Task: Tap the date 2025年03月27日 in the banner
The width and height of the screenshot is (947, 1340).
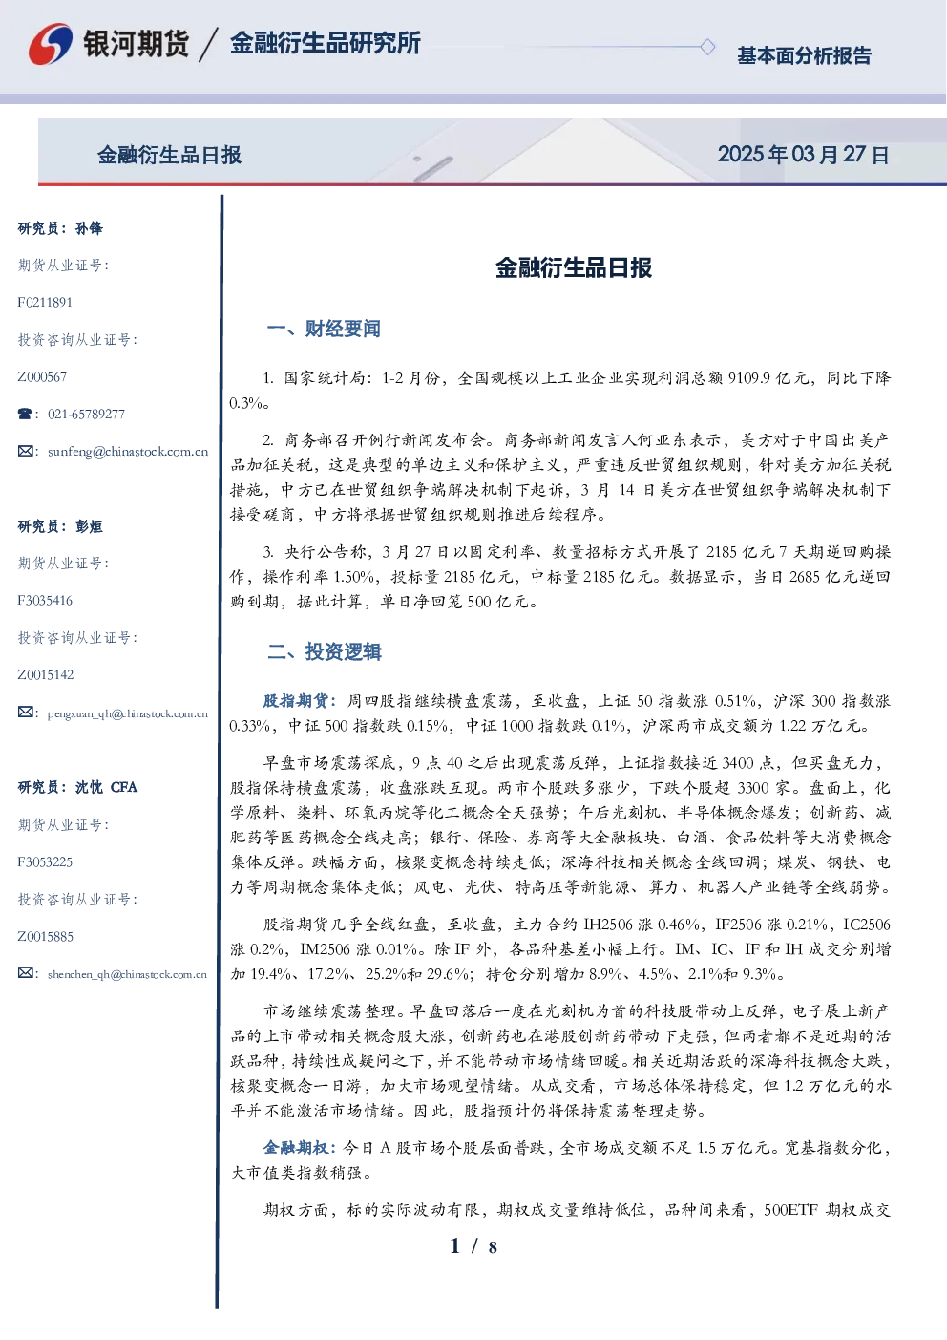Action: point(803,155)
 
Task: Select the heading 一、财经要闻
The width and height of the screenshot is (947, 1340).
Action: point(324,329)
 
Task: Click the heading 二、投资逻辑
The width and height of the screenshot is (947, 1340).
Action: point(324,651)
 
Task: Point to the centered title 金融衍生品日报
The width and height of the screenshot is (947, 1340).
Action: point(574,267)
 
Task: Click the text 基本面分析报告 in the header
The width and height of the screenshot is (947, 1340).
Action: point(804,55)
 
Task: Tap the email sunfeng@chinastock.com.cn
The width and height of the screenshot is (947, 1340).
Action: point(128,451)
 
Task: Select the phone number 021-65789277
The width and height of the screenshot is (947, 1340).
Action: point(86,414)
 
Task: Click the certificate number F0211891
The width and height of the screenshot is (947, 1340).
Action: point(45,302)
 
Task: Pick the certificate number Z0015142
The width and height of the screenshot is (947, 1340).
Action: point(46,675)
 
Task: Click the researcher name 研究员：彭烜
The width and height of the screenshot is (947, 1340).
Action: point(60,526)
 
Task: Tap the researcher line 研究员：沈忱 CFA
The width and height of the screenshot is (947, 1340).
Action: point(77,787)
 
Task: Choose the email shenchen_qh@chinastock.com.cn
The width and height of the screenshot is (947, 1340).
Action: point(127,974)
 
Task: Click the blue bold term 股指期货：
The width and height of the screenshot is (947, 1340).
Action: point(301,700)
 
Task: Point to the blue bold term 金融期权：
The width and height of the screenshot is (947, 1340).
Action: point(301,1147)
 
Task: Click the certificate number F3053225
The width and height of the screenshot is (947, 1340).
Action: point(45,862)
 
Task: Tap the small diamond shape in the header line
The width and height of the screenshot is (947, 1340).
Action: point(707,47)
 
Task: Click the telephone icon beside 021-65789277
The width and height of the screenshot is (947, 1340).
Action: point(25,414)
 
